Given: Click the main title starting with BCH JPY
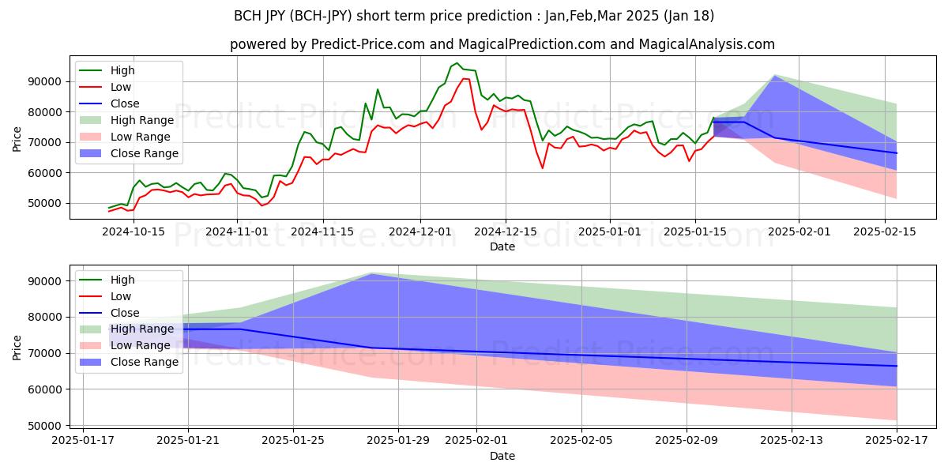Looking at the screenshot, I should (x=474, y=16).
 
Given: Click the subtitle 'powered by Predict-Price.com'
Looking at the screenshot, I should (x=502, y=44).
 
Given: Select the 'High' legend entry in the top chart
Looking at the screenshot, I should (x=122, y=70).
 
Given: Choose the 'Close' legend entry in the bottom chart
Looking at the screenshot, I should (x=125, y=313).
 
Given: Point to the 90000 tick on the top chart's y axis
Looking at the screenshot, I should (x=45, y=81).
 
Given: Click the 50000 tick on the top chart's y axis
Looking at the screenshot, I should (x=45, y=203).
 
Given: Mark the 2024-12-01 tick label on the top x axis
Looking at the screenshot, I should (x=419, y=231).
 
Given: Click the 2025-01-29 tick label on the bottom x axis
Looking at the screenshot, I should (x=398, y=440).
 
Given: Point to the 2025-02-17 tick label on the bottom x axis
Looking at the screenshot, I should (x=896, y=440).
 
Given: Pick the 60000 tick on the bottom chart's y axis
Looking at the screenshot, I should (x=45, y=389).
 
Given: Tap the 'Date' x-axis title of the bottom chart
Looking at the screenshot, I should (x=502, y=456).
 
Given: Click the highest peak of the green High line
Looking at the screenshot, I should (x=457, y=63).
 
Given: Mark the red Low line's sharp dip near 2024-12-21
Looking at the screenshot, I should (x=543, y=167).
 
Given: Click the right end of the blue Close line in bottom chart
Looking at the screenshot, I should (x=896, y=366).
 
